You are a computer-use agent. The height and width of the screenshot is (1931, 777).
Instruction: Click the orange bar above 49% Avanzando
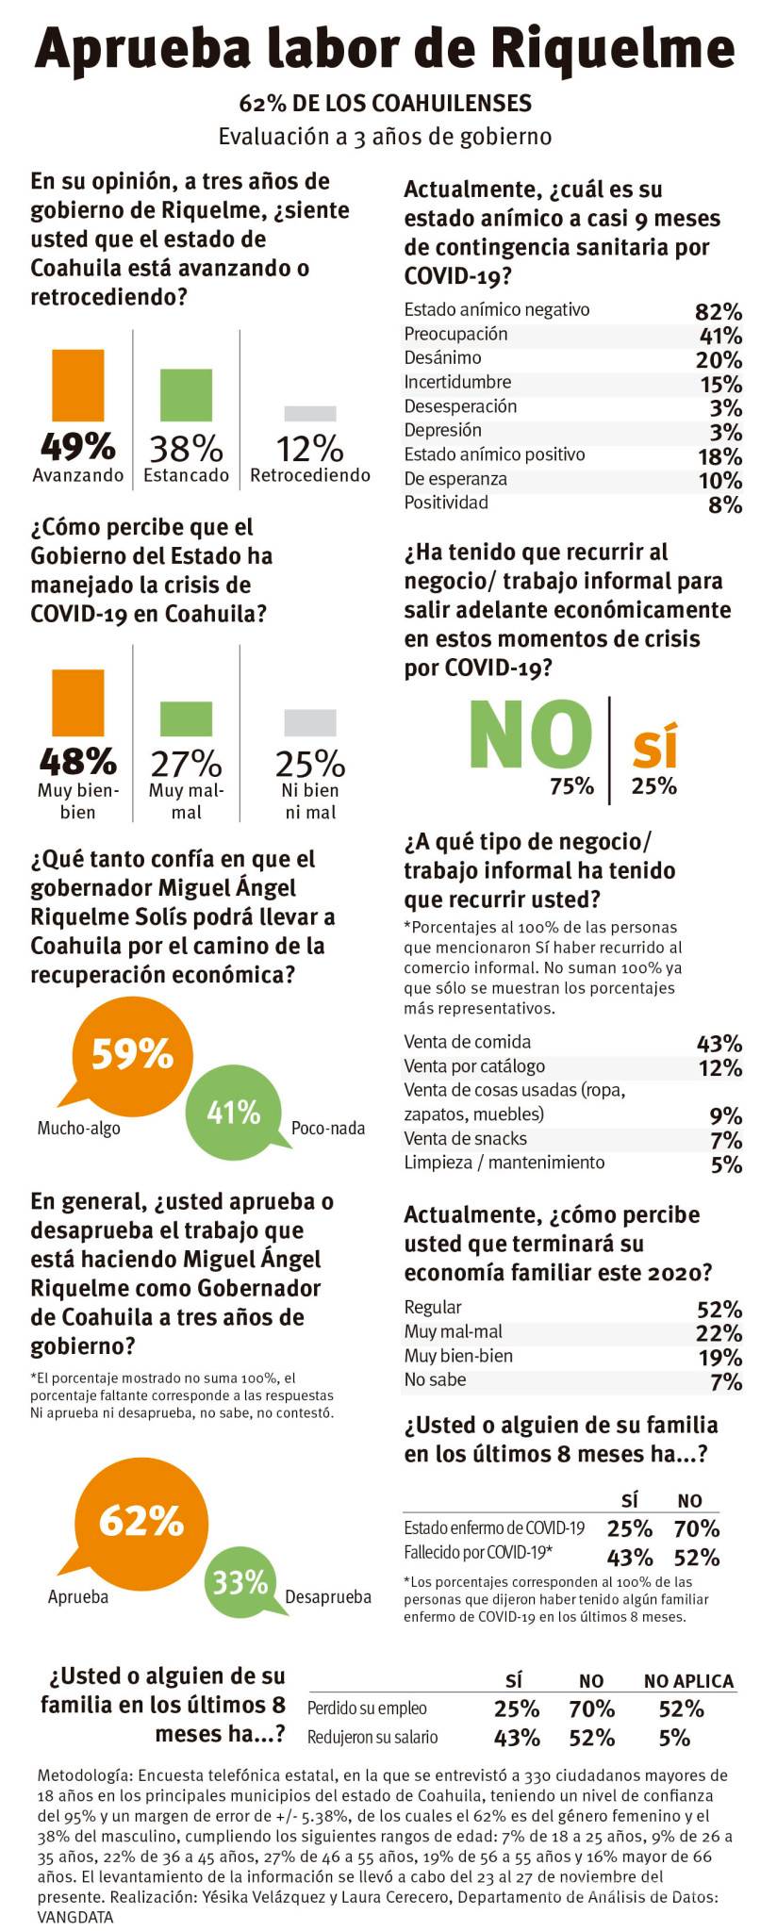point(78,386)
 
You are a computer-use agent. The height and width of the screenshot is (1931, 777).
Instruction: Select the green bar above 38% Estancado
point(186,394)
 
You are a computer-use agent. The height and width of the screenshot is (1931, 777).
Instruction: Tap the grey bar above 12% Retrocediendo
point(310,413)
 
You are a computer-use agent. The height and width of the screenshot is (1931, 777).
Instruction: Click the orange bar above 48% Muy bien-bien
point(78,702)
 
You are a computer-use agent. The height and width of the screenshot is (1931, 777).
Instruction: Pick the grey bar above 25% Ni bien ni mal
point(310,722)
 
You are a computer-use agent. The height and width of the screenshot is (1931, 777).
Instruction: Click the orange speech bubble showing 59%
point(130,1053)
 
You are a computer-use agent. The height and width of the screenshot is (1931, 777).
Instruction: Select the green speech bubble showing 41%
point(233,1113)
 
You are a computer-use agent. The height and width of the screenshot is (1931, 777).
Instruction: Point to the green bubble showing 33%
point(240,1581)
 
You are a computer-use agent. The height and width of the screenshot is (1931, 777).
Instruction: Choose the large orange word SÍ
point(654,746)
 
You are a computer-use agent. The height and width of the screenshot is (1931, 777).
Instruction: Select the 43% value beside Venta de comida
point(719,1044)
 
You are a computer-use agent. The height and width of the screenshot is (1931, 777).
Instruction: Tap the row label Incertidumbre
point(457,382)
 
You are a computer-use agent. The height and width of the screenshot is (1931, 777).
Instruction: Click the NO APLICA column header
point(688,1680)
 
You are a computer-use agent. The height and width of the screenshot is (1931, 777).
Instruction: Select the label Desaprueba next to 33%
point(327,1597)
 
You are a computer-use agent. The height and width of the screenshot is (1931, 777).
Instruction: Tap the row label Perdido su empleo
point(367,1708)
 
